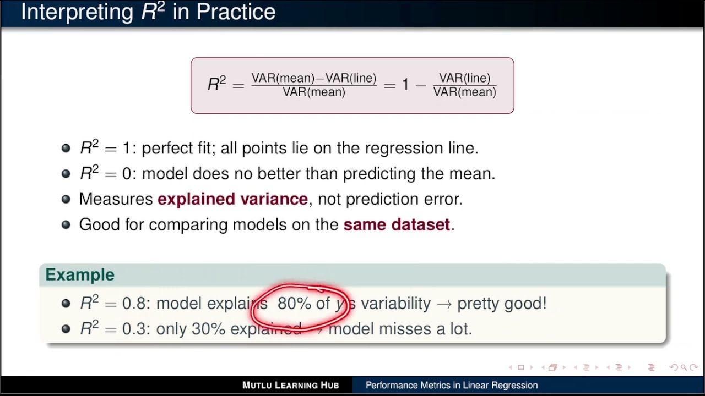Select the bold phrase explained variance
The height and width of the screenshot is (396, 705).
pos(232,199)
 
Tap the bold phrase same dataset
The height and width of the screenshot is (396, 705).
pos(397,224)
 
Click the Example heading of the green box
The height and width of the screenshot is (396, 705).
pos(80,275)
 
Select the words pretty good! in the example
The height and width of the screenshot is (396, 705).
pos(502,304)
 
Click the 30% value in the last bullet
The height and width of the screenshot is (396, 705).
pos(208,329)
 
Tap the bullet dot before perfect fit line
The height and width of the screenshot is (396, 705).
pos(66,148)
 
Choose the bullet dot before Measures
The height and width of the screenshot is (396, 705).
pos(66,199)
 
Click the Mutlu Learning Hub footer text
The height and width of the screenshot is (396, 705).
pos(290,385)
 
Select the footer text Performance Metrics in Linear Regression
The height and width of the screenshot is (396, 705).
pos(452,385)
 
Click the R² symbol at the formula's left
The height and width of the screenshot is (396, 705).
pos(216,84)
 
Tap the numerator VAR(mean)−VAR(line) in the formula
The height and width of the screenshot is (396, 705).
pos(314,79)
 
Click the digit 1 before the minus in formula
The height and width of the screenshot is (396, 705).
pos(405,85)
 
